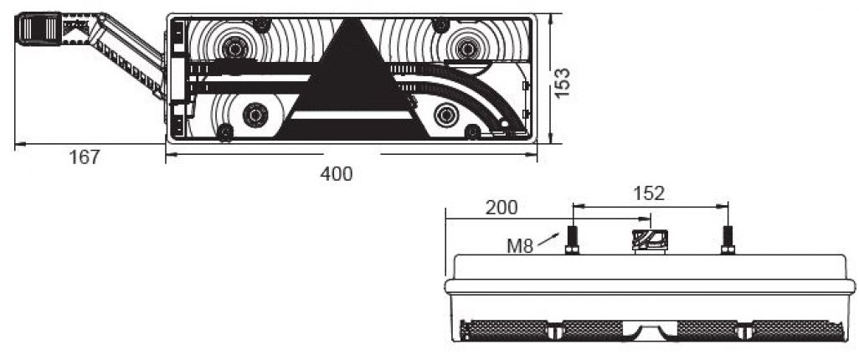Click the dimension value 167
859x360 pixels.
click(x=85, y=157)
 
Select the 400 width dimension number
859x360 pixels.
click(x=337, y=174)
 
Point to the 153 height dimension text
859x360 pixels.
click(x=563, y=82)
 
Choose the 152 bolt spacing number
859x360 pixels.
click(x=649, y=193)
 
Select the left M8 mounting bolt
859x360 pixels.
click(x=574, y=240)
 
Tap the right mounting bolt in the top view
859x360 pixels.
click(x=727, y=240)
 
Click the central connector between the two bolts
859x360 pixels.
click(x=650, y=240)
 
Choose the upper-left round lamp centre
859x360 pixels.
click(x=233, y=49)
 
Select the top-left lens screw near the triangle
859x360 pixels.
click(x=261, y=26)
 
